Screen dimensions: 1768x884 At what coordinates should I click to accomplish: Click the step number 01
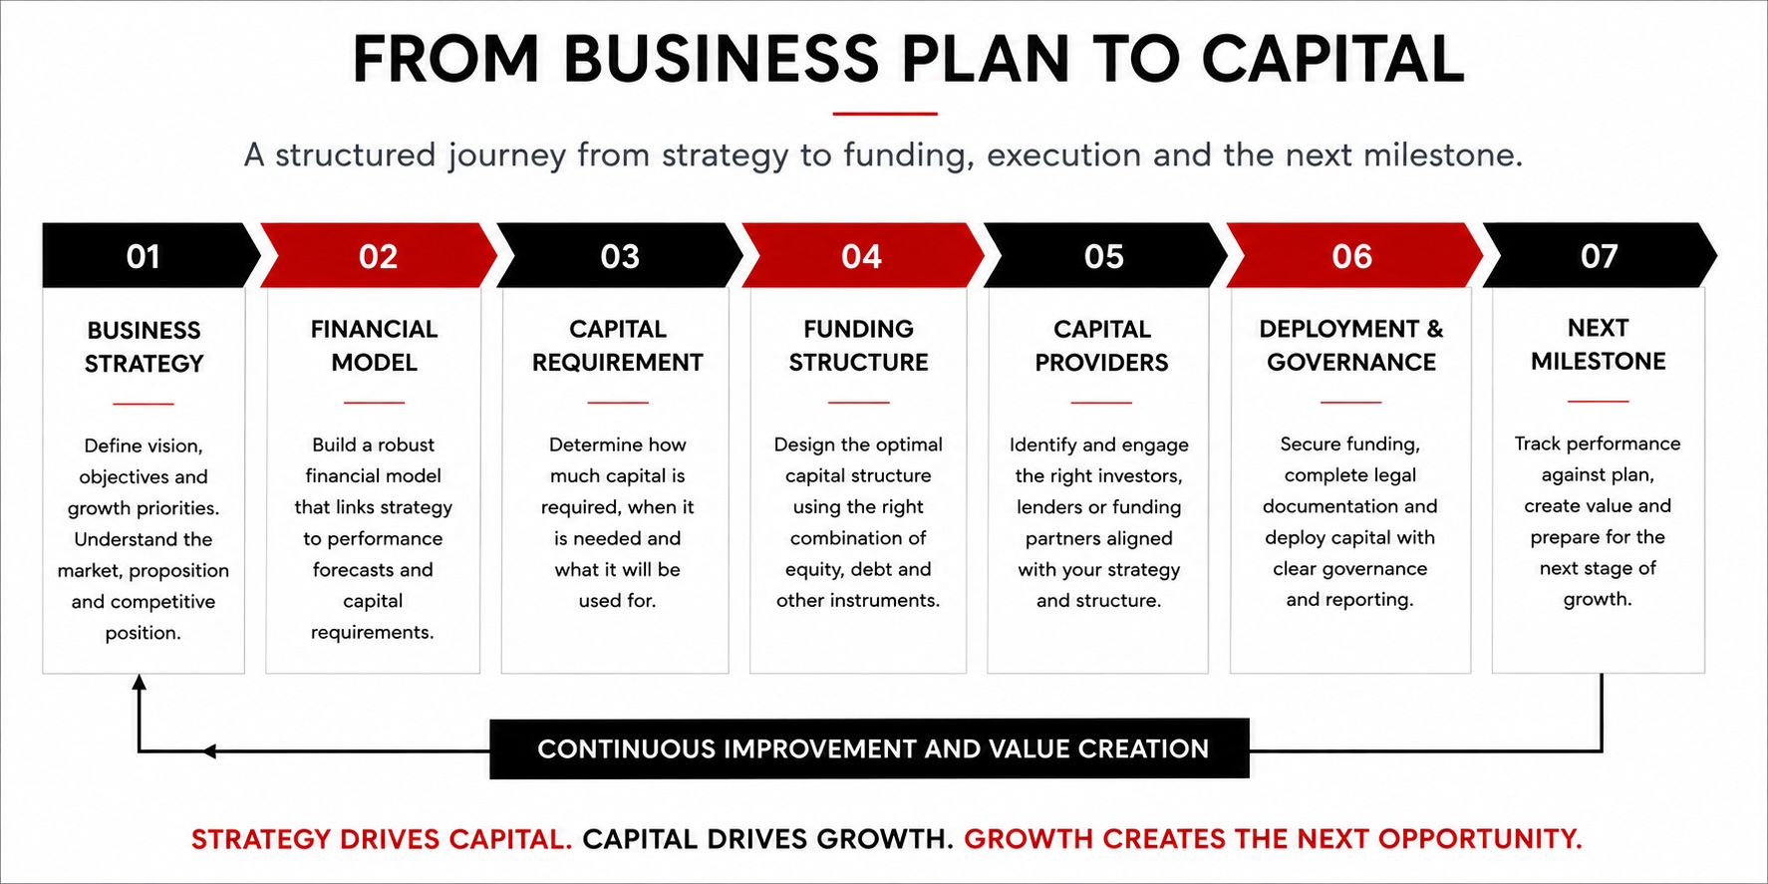144,256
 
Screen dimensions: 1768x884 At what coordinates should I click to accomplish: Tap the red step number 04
861,256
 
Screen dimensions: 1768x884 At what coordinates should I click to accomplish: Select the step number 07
1599,256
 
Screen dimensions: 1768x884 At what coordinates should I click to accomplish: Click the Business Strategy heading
144,347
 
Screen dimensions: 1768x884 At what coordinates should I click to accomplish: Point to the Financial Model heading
374,346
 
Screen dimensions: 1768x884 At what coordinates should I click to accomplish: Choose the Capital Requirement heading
617,346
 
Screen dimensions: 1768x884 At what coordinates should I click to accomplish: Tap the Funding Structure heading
858,346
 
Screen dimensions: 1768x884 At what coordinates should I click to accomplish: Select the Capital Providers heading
1101,346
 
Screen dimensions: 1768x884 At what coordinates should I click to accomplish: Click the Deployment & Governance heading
1351,346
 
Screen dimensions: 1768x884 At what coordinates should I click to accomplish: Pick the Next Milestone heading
1598,345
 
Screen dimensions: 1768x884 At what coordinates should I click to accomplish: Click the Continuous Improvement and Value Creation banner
869,748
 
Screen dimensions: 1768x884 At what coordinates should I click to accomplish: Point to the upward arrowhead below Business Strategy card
140,683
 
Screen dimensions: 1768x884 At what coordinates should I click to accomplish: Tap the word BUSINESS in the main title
722,59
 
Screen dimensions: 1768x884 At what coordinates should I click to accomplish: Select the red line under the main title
885,114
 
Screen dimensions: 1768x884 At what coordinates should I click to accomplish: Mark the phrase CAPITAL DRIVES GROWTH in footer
767,839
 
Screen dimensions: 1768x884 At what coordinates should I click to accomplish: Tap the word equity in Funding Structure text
815,570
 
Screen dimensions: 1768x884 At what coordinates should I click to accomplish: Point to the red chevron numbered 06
1353,256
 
